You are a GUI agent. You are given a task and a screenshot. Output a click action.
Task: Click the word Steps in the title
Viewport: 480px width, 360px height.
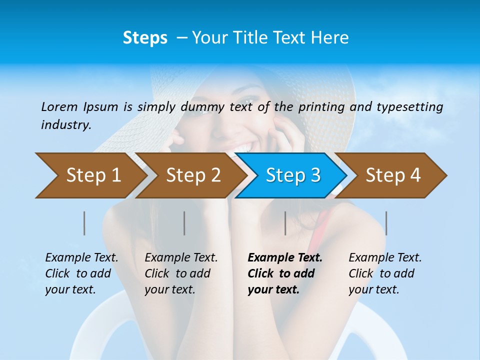145,38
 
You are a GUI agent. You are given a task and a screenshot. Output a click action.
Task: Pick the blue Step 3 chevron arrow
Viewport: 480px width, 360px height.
293,175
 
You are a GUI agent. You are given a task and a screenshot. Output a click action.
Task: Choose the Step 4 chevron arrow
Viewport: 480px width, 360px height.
393,175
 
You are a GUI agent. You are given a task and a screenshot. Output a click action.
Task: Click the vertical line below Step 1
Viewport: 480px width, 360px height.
84,223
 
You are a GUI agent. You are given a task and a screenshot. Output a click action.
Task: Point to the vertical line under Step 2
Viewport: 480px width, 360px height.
184,223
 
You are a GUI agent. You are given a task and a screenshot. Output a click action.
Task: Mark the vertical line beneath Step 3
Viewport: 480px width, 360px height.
285,223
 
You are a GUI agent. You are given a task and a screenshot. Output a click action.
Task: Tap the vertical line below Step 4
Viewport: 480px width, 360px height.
386,223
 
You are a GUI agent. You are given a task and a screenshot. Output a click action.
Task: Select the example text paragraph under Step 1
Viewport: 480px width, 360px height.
81,273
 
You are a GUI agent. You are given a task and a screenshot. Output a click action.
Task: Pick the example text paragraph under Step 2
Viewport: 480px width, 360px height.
181,273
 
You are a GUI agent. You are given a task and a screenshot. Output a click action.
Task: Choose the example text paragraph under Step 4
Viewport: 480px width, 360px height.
385,273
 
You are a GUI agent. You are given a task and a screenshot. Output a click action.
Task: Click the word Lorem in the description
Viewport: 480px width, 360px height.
59,106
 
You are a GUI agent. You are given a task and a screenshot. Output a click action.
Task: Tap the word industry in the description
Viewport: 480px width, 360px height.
66,125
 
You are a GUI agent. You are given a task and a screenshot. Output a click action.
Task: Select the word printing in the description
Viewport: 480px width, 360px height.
323,107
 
